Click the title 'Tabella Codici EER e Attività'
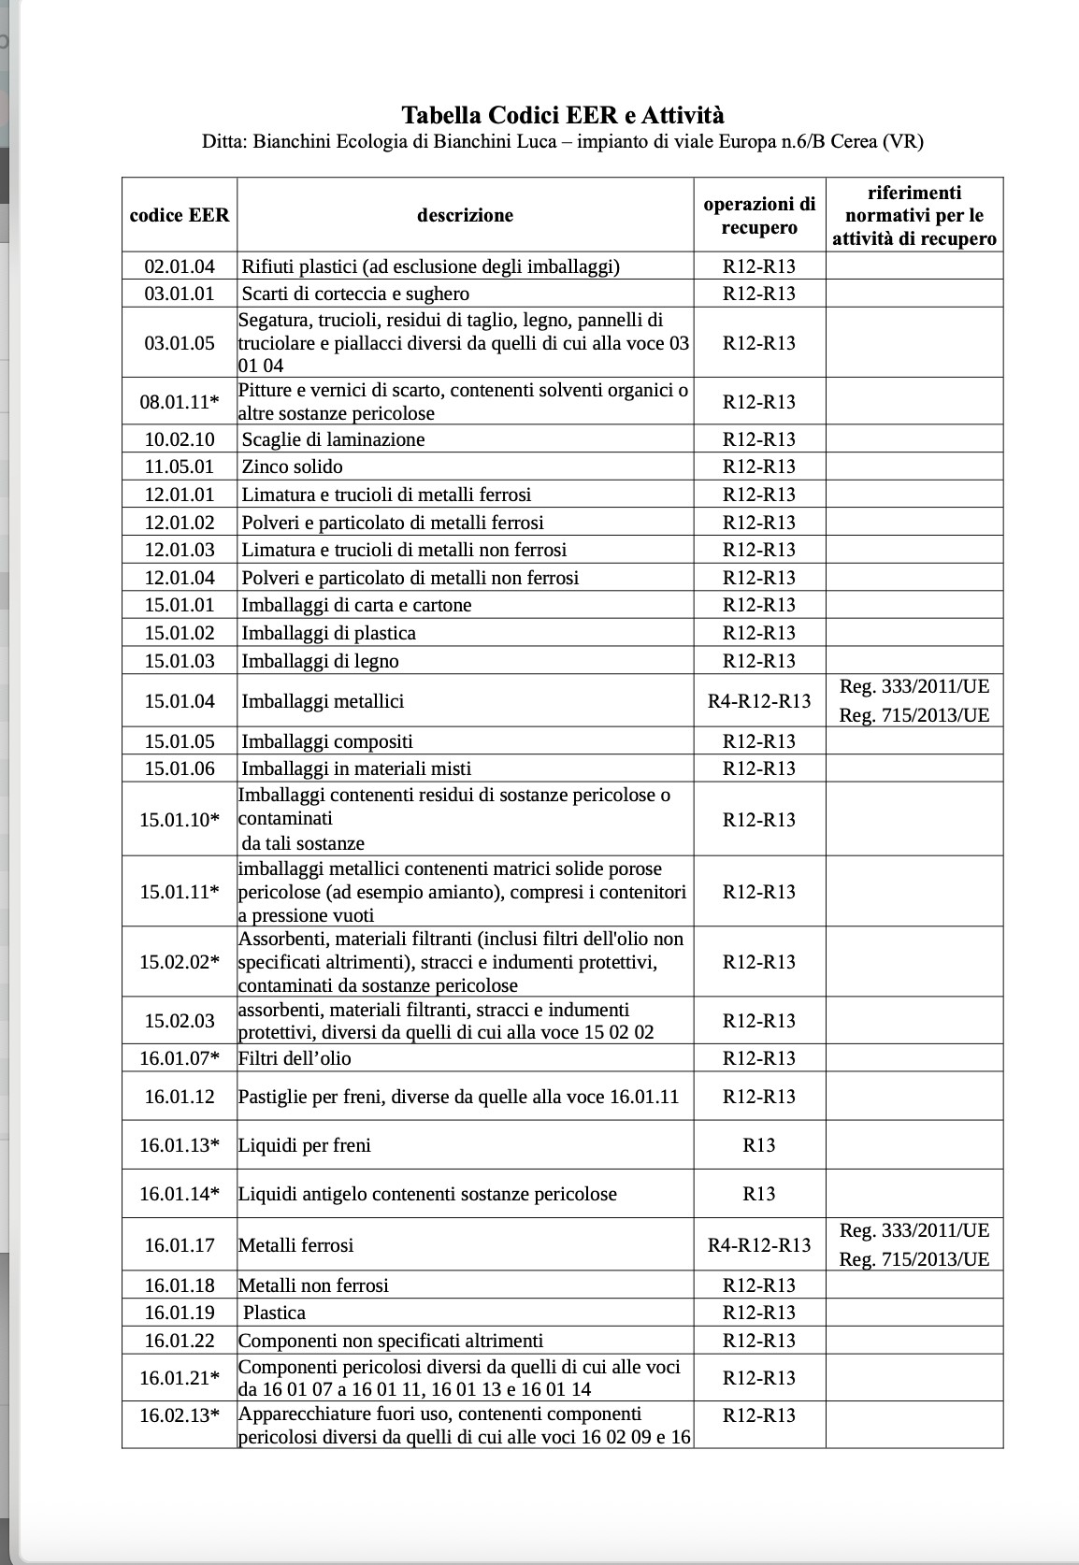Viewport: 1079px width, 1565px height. [562, 115]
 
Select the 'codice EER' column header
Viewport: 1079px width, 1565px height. [180, 215]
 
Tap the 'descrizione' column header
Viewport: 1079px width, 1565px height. [465, 215]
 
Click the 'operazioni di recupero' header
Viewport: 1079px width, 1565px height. [759, 215]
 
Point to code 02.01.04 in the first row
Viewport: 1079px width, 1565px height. [180, 266]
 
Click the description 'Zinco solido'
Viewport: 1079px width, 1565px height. [292, 467]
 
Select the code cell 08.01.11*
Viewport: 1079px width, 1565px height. [180, 402]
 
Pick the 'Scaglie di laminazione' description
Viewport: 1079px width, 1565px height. [333, 439]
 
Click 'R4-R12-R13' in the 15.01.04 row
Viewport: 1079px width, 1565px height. [759, 701]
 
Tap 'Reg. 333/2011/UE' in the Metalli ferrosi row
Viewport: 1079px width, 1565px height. [914, 1230]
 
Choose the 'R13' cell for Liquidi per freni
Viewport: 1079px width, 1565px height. [759, 1145]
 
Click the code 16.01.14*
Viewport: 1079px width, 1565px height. [180, 1194]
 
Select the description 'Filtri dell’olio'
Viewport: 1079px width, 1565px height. [295, 1058]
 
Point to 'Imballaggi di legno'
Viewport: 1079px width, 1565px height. [320, 661]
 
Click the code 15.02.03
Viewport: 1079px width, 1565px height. [180, 1021]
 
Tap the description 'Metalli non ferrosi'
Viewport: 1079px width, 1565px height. [313, 1285]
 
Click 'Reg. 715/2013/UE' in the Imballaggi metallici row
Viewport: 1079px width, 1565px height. [914, 715]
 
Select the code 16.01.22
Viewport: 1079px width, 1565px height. [180, 1341]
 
